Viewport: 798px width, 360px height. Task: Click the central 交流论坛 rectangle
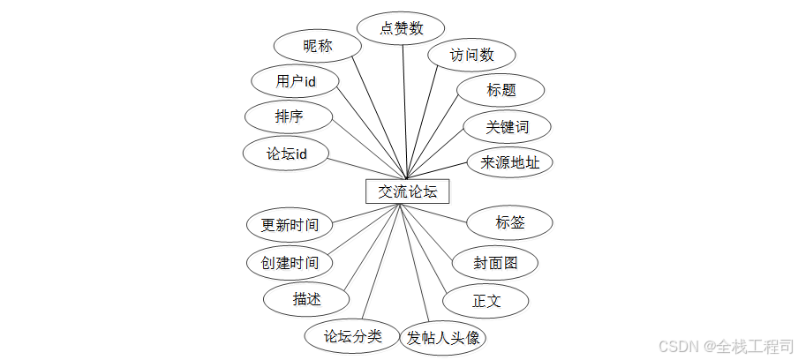pos(407,191)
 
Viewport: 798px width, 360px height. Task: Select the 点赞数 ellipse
pos(402,28)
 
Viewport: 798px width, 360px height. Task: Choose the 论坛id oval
pos(287,153)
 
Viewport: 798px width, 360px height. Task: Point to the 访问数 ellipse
pos(471,55)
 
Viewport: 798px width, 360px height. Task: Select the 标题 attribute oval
pos(501,90)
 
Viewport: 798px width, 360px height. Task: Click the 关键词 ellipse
pos(508,126)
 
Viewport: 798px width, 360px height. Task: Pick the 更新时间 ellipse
pos(290,224)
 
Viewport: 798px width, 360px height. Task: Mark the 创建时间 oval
pos(290,262)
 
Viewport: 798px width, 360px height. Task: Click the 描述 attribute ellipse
pos(306,299)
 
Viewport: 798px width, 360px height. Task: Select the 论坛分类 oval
pos(351,335)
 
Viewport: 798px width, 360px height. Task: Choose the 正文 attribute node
pos(486,301)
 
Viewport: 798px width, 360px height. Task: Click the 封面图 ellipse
pos(495,262)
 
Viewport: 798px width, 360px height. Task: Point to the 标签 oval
pos(510,222)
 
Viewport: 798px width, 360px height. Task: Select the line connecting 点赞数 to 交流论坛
pos(404,106)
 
